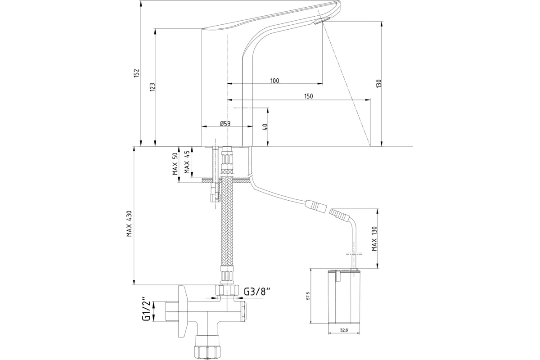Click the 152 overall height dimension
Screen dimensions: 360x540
[137, 73]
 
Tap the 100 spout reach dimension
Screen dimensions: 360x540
[274, 81]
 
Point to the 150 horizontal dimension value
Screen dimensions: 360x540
[308, 96]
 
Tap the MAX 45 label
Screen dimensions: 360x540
[186, 164]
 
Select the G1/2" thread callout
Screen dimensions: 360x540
[146, 309]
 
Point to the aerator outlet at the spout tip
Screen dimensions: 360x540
[322, 21]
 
